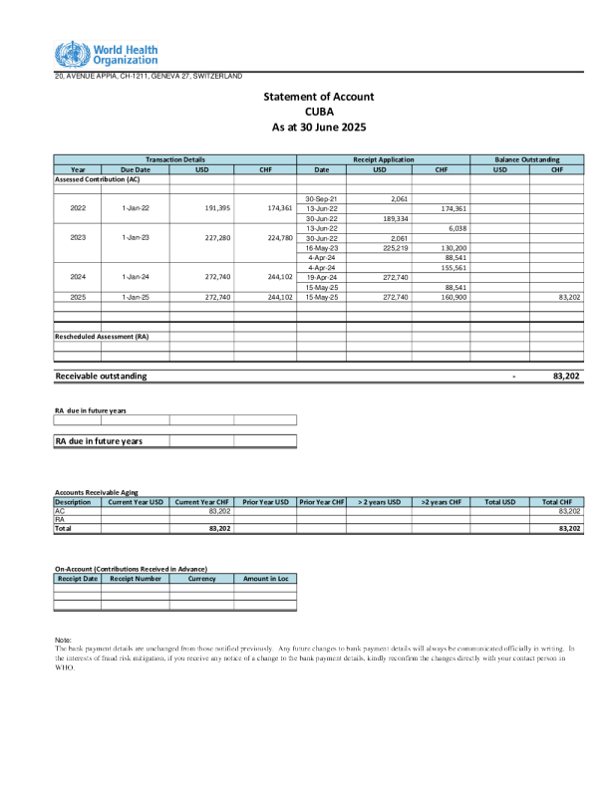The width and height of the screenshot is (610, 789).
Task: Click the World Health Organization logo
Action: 106,54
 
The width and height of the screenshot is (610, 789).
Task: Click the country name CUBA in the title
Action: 318,112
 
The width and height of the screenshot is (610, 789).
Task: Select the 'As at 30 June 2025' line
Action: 319,128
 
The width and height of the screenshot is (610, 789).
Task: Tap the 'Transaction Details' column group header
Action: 174,159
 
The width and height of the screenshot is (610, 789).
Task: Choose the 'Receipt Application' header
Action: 383,159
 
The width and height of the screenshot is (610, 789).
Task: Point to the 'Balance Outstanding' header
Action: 527,159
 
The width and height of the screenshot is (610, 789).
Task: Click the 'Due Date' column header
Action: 136,169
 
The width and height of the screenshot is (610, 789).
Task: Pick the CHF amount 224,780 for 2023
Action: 276,238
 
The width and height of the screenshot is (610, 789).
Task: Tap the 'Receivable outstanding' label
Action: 101,376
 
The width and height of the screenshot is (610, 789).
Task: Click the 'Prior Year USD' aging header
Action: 266,501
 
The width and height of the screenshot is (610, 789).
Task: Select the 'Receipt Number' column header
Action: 136,578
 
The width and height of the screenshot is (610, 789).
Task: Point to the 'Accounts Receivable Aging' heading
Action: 97,492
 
